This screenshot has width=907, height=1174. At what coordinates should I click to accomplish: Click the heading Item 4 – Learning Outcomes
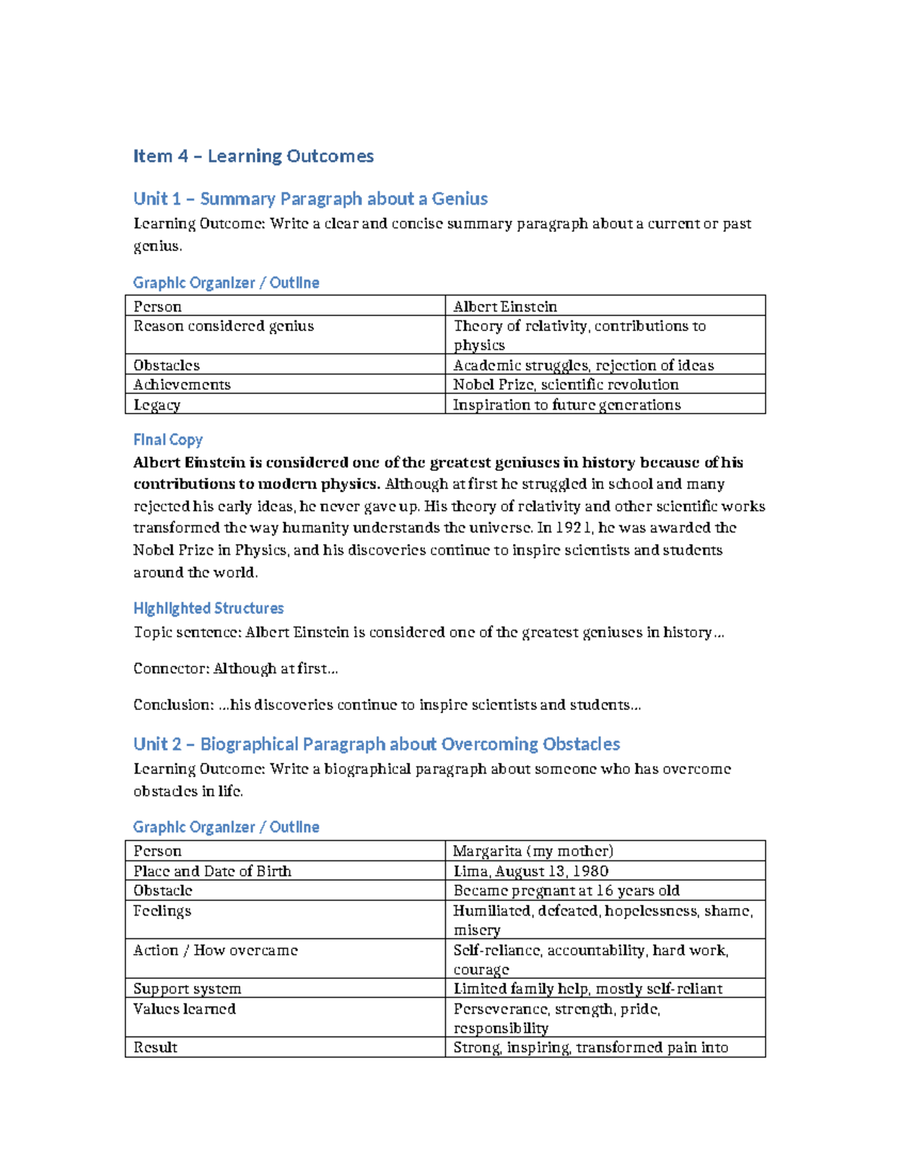coord(253,156)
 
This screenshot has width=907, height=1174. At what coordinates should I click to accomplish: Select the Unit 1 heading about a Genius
coord(310,199)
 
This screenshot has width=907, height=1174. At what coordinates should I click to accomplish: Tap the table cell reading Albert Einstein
coord(505,306)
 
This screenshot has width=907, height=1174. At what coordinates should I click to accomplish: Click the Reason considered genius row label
coord(223,326)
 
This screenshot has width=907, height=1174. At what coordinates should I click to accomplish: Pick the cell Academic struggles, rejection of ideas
coord(583,365)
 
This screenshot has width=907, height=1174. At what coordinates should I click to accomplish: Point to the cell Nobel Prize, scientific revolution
coord(565,385)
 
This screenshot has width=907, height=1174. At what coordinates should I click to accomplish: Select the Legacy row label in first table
coord(156,404)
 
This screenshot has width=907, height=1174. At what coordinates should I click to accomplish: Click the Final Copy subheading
coord(168,440)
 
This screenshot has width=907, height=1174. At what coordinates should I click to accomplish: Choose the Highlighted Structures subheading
coord(208,609)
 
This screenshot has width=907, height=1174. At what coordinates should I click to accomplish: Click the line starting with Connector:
coord(235,668)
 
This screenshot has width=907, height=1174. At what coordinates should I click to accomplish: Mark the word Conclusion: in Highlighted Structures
coord(173,705)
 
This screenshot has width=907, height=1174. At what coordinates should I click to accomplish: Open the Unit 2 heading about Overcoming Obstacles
coord(376,744)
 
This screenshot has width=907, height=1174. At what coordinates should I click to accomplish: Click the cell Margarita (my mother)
coord(533,850)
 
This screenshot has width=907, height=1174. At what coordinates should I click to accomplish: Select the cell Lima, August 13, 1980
coord(531,871)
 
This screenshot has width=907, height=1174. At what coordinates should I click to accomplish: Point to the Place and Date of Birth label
coord(212,871)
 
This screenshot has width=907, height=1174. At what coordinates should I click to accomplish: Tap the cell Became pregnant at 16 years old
coord(566,891)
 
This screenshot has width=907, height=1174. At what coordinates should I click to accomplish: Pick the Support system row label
coord(187,989)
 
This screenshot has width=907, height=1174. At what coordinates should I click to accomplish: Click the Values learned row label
coord(184,1008)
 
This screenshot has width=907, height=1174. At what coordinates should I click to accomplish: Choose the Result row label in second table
coord(155,1047)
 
